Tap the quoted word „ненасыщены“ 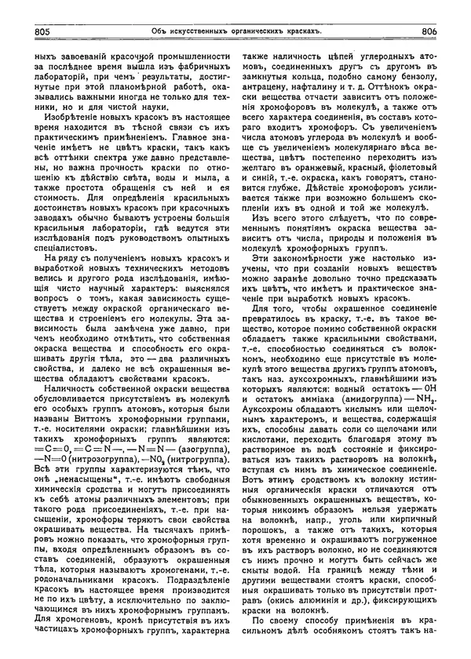coord(84,479)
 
